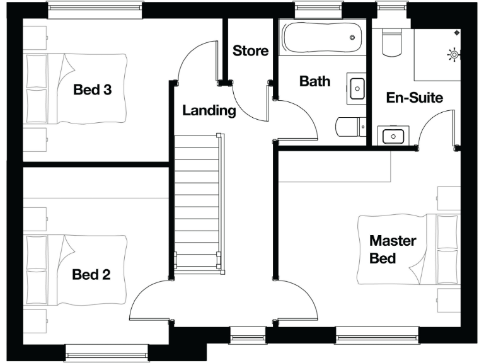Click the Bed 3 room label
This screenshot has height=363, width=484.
pyautogui.click(x=93, y=89)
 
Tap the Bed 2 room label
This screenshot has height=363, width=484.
pyautogui.click(x=91, y=274)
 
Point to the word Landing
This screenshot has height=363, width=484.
pyautogui.click(x=209, y=110)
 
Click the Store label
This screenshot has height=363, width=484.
pyautogui.click(x=250, y=50)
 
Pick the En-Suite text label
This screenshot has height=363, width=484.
pyautogui.click(x=414, y=98)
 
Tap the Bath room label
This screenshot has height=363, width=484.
pyautogui.click(x=314, y=81)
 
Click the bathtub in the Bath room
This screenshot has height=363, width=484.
pyautogui.click(x=322, y=39)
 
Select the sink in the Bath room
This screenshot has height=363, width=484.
pyautogui.click(x=356, y=88)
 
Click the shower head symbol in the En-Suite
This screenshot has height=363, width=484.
pyautogui.click(x=452, y=55)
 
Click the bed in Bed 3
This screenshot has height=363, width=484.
pyautogui.click(x=76, y=88)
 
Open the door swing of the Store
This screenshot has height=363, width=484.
pyautogui.click(x=243, y=98)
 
